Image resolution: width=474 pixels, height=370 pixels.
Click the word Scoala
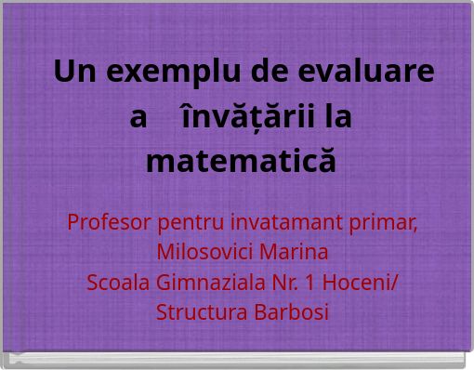pos(116,283)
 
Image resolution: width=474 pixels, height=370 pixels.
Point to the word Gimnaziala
pos(205,283)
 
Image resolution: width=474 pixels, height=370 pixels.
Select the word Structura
pos(199,312)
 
